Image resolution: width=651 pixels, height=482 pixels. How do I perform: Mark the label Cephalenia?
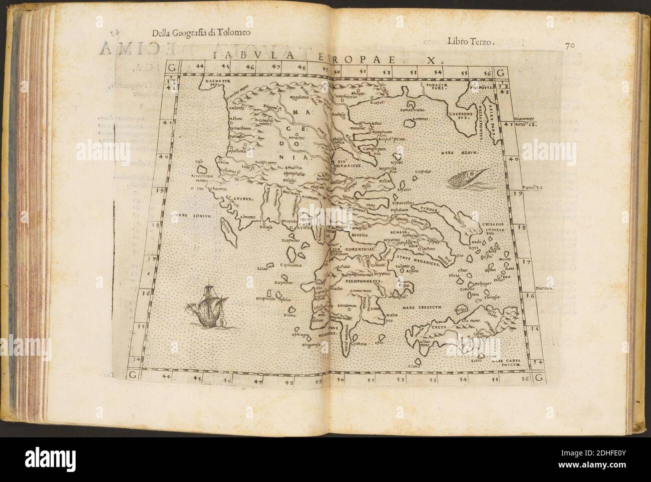tap(280, 266)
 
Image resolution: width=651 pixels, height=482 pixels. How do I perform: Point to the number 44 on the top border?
tap(200, 66)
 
